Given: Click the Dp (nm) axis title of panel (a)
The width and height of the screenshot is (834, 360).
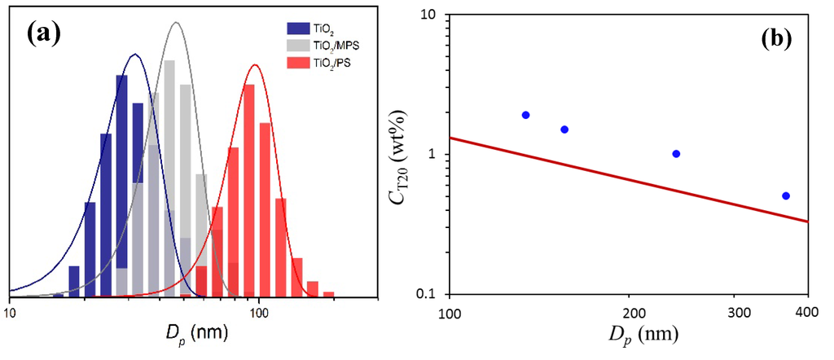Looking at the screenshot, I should (195, 333).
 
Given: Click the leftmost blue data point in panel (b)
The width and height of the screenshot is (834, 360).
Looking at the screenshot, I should (525, 115).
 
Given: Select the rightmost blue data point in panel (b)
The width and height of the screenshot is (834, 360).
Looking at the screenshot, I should (786, 195).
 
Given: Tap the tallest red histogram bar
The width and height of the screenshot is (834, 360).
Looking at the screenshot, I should (250, 187).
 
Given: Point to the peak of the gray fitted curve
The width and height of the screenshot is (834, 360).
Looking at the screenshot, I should (175, 23).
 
